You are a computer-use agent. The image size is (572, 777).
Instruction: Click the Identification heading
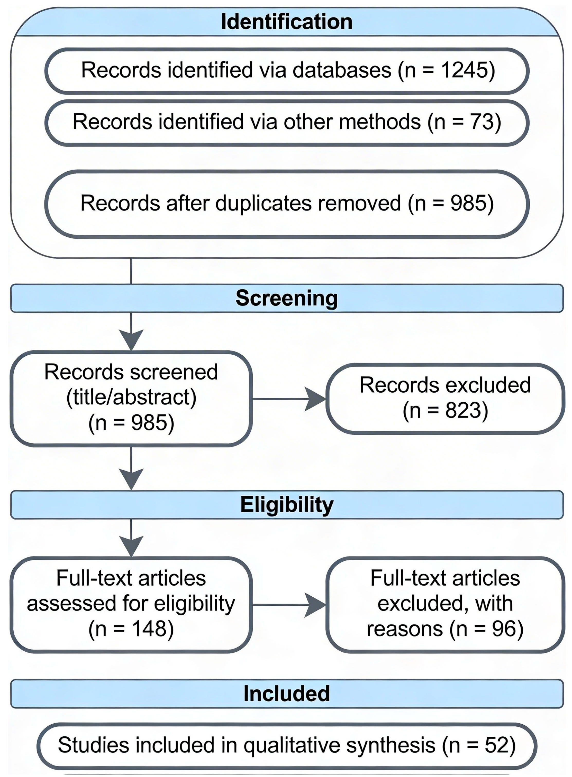287,22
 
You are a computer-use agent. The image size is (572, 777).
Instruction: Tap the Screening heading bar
287,298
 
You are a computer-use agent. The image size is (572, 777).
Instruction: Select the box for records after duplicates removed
287,204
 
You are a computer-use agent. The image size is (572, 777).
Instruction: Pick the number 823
463,411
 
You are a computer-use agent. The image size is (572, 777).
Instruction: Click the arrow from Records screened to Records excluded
289,399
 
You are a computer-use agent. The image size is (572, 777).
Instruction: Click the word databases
342,70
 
